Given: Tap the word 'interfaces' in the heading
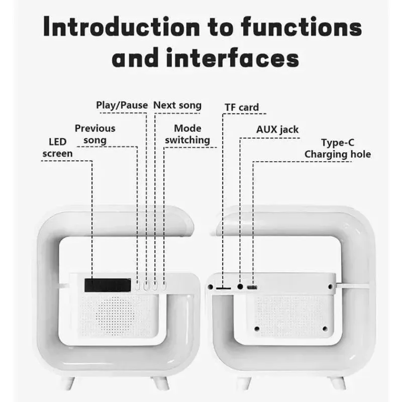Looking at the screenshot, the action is point(233,58).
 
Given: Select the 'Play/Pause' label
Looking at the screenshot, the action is point(122,105).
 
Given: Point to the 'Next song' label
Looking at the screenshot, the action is point(177,106).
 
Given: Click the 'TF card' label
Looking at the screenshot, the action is point(242,108).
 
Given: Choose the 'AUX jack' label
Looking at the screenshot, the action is point(277,130).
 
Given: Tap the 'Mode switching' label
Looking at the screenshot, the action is point(187,134).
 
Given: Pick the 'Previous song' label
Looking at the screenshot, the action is point(95,134).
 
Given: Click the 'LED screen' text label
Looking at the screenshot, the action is point(58,148).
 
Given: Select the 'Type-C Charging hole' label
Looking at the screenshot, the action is point(338,149).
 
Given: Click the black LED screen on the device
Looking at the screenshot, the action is point(108,285).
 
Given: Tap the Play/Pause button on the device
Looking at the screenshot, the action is point(146,285).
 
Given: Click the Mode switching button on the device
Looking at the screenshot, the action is point(164,285).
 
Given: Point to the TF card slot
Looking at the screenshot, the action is point(223,288).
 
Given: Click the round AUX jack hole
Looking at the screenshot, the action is point(240,286).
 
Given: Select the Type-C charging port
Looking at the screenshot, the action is point(252,287).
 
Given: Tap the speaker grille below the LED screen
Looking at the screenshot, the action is point(116,316).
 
